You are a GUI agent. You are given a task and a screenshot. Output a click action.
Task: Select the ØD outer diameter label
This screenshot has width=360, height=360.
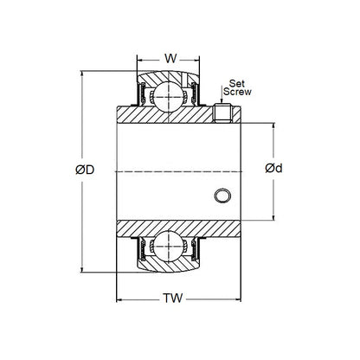tap(85, 170)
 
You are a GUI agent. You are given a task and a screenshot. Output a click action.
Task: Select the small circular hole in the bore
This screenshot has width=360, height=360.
tap(224, 196)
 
